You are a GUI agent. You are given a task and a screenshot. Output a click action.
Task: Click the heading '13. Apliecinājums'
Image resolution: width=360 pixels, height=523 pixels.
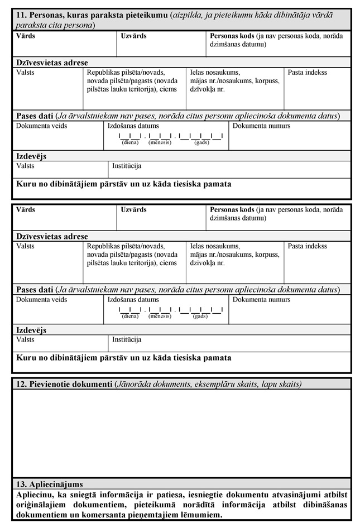50,484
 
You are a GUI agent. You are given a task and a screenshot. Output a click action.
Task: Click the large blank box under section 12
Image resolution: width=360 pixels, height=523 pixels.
181,433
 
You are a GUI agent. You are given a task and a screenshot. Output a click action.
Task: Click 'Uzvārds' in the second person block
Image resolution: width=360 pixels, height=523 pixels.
133,210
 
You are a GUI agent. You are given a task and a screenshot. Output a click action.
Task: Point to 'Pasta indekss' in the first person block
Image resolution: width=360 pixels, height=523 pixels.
308,73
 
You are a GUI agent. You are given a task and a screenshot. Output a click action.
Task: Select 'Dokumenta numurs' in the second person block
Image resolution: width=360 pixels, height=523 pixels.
261,300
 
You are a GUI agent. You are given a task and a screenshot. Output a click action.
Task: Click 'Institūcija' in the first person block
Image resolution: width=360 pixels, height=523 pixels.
127,166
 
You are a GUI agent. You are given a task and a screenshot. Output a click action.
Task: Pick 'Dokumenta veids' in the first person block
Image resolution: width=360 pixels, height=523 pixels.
41,126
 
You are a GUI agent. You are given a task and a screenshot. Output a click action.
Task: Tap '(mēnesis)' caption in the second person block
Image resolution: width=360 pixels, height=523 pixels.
160,316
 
